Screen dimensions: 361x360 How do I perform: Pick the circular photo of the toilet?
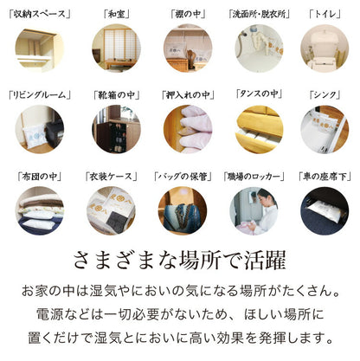tap(325, 48)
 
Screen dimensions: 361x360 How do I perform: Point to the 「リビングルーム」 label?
tap(39, 94)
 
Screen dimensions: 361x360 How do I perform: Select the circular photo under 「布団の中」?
tap(39, 210)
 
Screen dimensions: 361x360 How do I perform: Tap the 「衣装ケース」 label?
tap(111, 176)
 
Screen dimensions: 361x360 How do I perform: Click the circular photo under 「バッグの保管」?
tap(183, 210)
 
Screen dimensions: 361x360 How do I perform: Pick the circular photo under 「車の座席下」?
tap(325, 210)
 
